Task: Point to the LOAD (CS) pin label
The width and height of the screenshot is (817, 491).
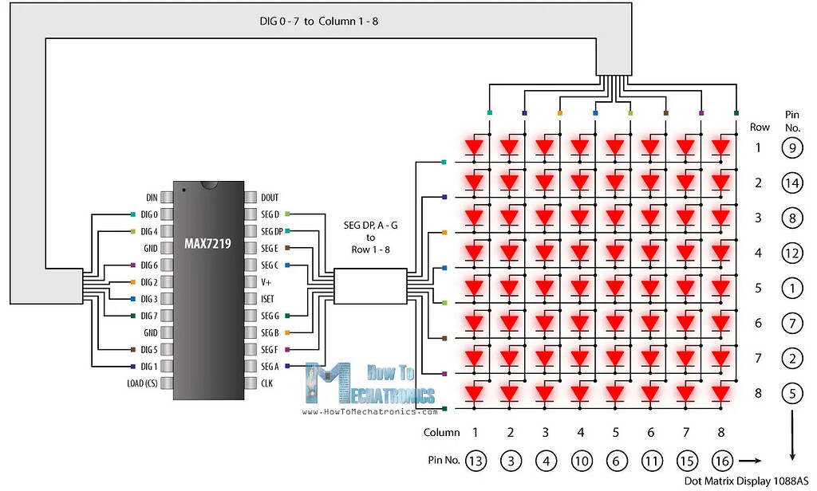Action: click(141, 383)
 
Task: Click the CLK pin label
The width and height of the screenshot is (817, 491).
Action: click(267, 383)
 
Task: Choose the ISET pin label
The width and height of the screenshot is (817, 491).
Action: click(268, 298)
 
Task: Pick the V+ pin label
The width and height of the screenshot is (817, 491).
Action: click(266, 281)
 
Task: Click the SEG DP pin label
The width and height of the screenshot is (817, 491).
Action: click(271, 231)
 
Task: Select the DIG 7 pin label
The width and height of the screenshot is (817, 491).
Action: click(149, 316)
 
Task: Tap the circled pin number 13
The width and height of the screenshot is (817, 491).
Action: click(475, 461)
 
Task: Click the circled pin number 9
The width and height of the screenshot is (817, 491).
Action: click(791, 147)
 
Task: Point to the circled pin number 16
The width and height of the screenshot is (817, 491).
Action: click(721, 461)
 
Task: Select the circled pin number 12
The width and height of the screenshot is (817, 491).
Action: click(791, 253)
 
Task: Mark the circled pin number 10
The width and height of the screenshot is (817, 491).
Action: click(581, 461)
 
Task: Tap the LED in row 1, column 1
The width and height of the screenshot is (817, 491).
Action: click(475, 147)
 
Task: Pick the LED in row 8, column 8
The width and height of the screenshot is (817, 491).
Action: click(721, 393)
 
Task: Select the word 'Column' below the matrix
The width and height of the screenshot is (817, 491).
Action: click(442, 433)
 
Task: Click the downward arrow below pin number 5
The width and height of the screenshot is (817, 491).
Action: click(791, 434)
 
